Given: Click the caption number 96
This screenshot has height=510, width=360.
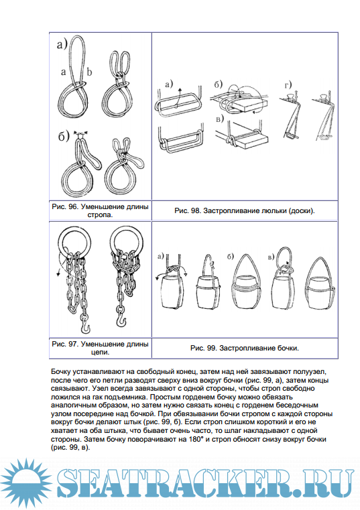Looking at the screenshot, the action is tap(72, 206).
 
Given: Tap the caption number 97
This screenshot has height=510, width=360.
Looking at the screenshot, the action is tap(72, 344).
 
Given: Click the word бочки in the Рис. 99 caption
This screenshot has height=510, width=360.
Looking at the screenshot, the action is tap(288, 348).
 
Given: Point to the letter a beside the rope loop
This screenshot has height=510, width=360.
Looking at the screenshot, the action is tap(63, 72).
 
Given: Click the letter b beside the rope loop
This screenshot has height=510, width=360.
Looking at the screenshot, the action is tap(89, 72).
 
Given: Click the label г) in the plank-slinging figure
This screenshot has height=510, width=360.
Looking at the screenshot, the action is tap(288, 85).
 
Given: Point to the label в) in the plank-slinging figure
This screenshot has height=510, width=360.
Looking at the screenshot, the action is tap(220, 119).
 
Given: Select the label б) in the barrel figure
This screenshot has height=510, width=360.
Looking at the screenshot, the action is tap(231, 257).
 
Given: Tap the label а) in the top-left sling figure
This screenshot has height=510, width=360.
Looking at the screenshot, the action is tap(62, 44).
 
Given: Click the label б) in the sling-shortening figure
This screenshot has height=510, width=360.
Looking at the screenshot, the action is tap(64, 136).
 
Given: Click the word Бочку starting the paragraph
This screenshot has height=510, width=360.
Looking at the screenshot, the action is tap(60, 371).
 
